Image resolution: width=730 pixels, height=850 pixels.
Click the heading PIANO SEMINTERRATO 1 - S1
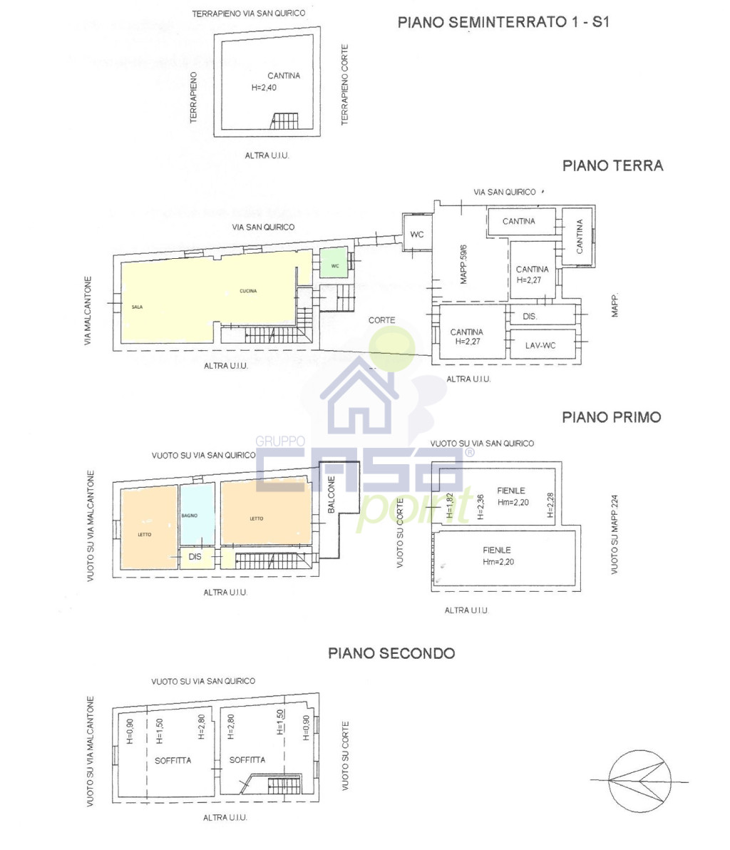(503, 22)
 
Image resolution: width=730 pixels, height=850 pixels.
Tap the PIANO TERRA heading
(612, 166)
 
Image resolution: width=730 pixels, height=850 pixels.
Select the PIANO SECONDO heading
(391, 653)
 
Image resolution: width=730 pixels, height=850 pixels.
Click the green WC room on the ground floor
(334, 263)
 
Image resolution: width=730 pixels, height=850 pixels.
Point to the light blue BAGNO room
(197, 514)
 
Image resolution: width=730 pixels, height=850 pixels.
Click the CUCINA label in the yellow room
(248, 291)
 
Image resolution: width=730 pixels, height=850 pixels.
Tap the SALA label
(137, 307)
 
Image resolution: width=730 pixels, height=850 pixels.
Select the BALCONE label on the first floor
(331, 494)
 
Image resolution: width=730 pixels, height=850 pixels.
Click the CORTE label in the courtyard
(381, 320)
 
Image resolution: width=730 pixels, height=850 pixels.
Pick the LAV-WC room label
(540, 345)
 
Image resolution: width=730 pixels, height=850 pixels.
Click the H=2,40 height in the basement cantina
(264, 87)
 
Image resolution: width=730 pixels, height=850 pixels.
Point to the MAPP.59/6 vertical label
(463, 264)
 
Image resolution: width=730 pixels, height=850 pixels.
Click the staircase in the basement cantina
(284, 121)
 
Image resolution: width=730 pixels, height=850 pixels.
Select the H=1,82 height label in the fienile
(449, 506)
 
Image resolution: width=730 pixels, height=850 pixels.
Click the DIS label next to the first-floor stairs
(195, 557)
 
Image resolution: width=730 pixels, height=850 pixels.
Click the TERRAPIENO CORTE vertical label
(344, 85)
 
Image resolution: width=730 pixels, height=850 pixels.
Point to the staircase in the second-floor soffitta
(284, 785)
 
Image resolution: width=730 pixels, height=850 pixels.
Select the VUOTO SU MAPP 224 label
(614, 535)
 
